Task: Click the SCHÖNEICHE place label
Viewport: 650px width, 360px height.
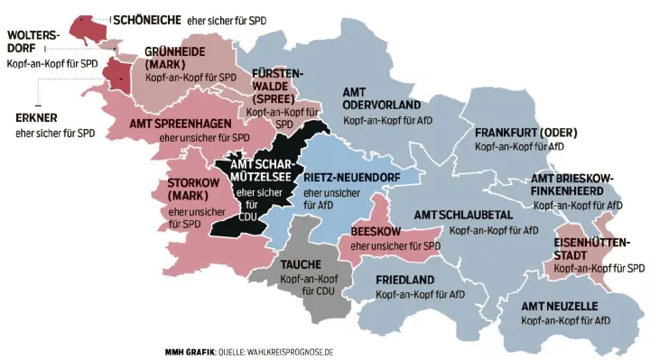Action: coord(147,18)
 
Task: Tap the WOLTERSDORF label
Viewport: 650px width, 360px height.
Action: coord(32,42)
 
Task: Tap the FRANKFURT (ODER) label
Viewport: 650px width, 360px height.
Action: coord(525,132)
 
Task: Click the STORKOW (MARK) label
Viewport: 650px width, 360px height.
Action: coord(188,189)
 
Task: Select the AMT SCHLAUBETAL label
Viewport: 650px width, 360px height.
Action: coord(462,215)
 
